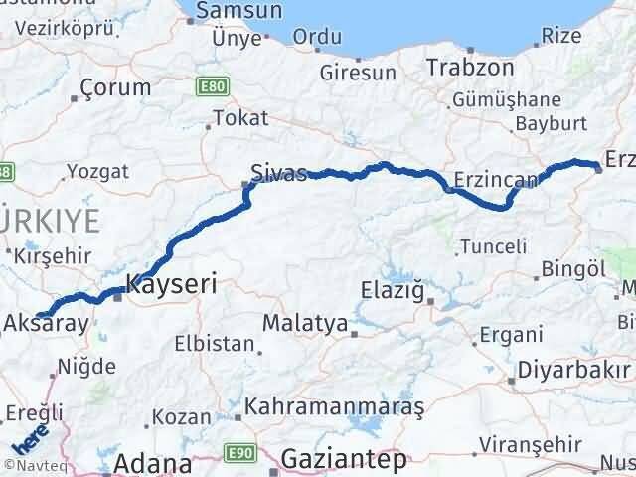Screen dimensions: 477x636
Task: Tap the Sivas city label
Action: click(278, 170)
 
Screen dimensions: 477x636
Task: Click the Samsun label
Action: click(238, 11)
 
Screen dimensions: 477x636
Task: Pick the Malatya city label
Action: click(305, 324)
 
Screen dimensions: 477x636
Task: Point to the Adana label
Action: click(152, 464)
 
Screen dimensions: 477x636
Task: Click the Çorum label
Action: click(116, 86)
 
